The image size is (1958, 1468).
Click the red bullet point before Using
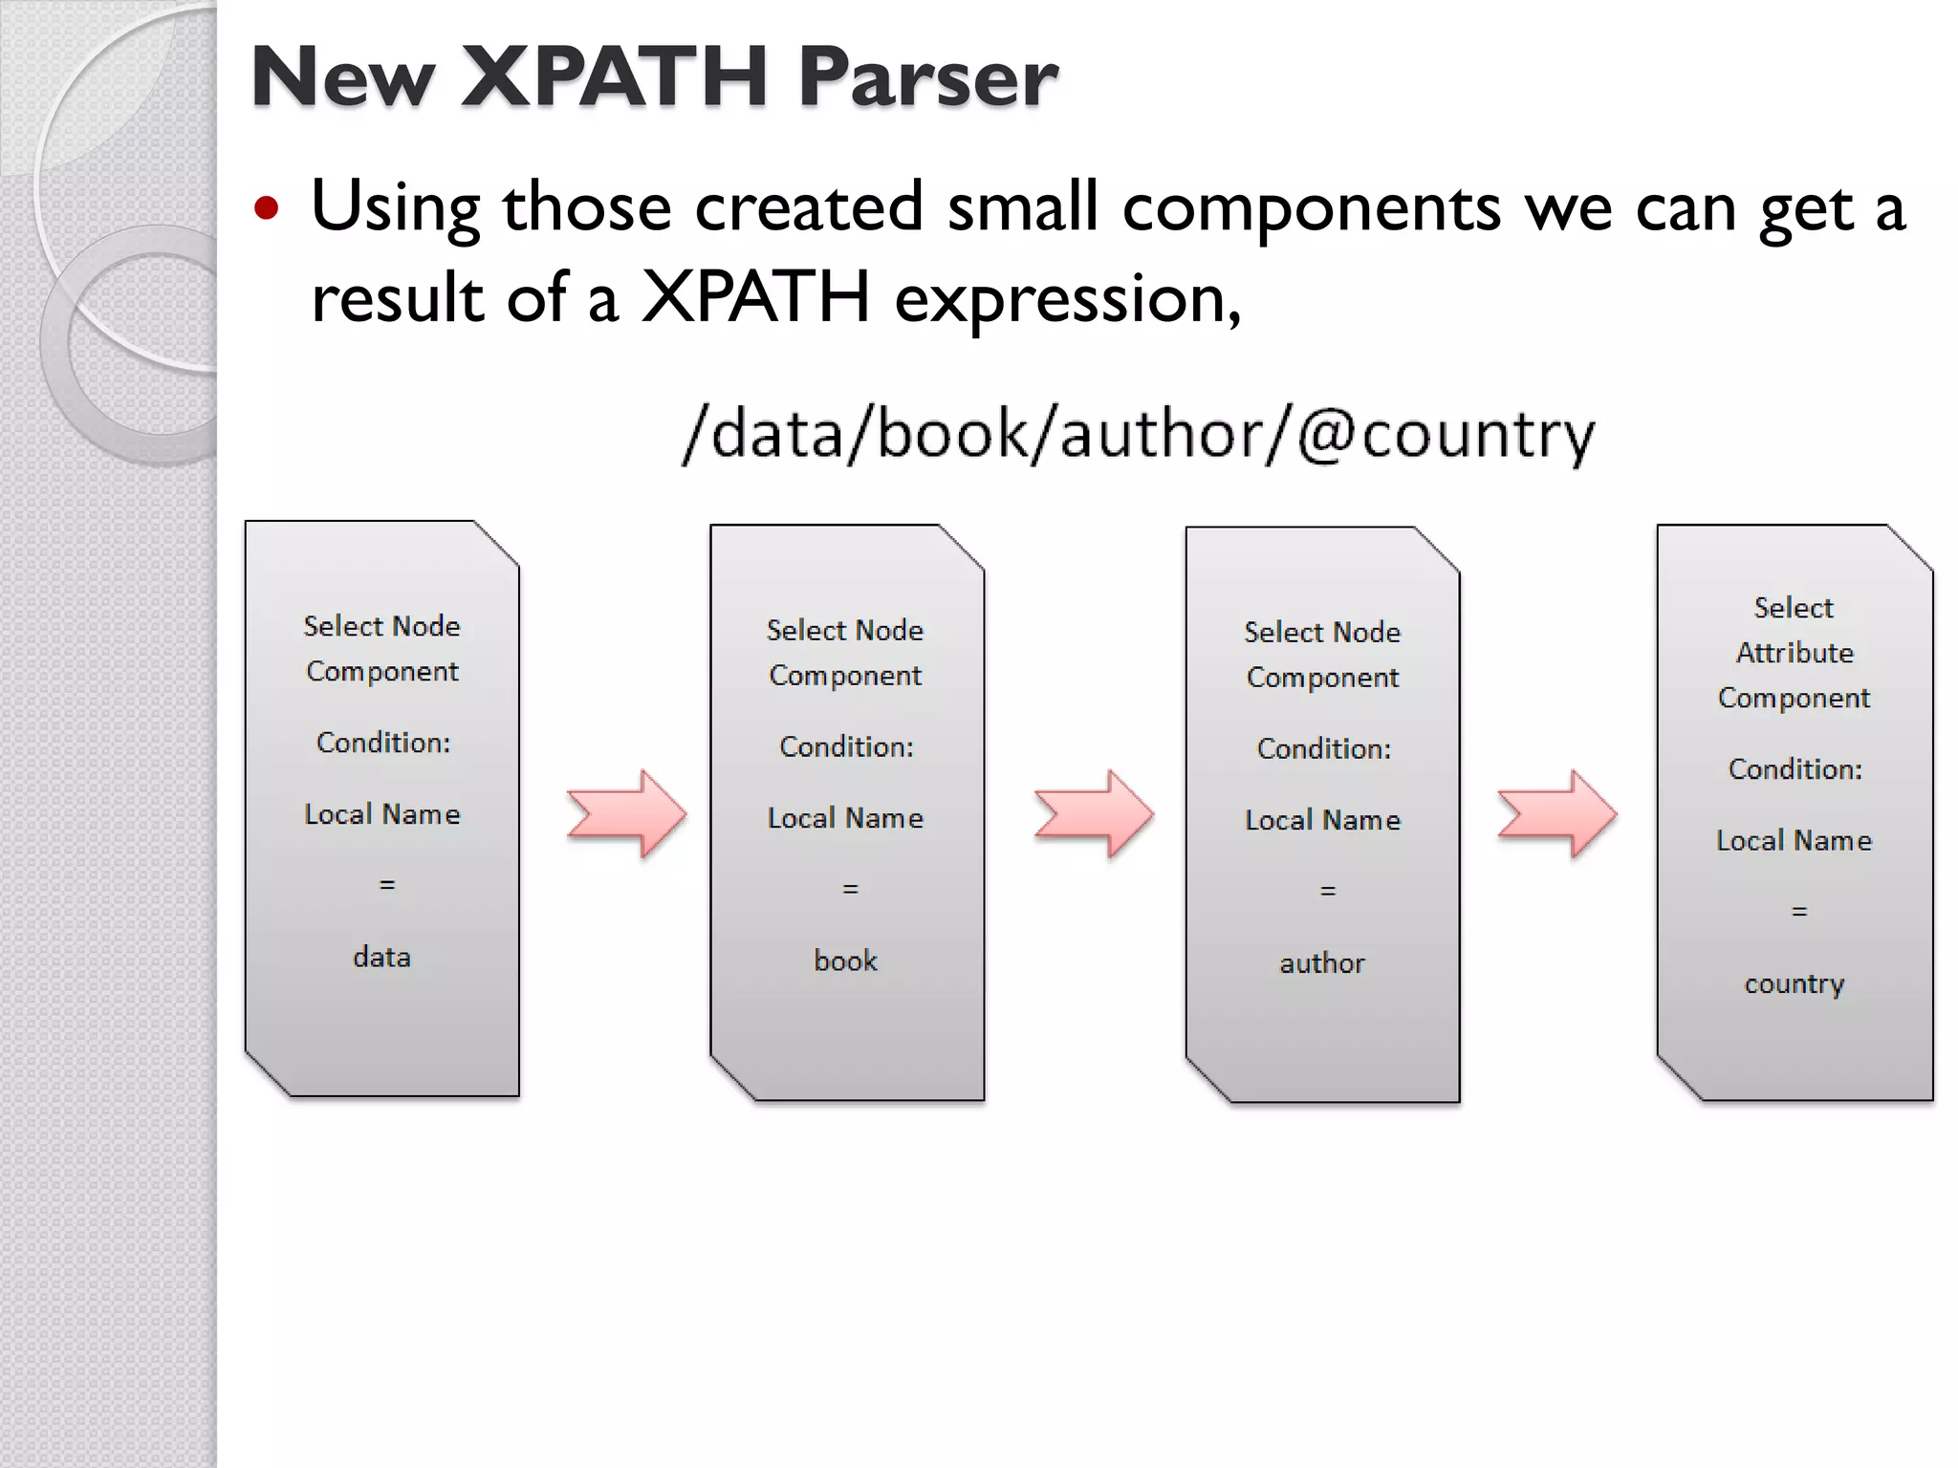pyautogui.click(x=267, y=209)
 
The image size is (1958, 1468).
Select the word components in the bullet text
pyautogui.click(x=1311, y=207)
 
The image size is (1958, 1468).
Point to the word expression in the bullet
pyautogui.click(x=1067, y=299)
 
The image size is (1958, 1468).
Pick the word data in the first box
pyautogui.click(x=381, y=957)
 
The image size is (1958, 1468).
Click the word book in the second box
pyautogui.click(x=845, y=961)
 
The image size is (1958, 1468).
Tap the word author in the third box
pyautogui.click(x=1322, y=962)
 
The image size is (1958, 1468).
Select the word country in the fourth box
pyautogui.click(x=1794, y=983)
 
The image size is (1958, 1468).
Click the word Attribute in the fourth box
pyautogui.click(x=1795, y=653)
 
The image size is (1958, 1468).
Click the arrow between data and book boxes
pyautogui.click(x=627, y=814)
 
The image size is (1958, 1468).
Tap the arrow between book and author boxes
pyautogui.click(x=1094, y=814)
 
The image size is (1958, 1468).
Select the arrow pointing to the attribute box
pyautogui.click(x=1556, y=814)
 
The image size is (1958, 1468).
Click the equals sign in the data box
pyautogui.click(x=386, y=885)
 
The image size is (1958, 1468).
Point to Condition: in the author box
pyautogui.click(x=1323, y=748)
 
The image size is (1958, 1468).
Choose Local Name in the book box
pyautogui.click(x=845, y=818)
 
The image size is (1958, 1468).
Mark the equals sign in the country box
pyautogui.click(x=1798, y=912)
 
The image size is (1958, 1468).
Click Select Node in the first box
pyautogui.click(x=381, y=626)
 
